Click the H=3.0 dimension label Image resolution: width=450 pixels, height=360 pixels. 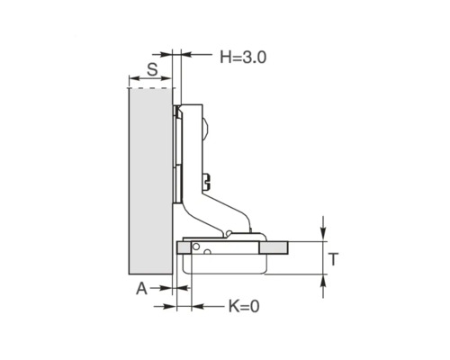(x=243, y=57)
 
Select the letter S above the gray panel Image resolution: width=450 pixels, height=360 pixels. (x=152, y=69)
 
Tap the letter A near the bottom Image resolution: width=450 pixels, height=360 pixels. (x=142, y=289)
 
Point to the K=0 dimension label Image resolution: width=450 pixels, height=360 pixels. (x=244, y=306)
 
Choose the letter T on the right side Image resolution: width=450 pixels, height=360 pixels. (x=333, y=259)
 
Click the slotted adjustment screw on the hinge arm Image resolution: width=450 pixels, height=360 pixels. (x=207, y=182)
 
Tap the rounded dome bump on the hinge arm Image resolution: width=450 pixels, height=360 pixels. (x=206, y=129)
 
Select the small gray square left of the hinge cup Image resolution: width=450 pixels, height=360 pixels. (x=184, y=247)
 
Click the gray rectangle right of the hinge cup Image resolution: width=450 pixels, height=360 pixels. (x=274, y=247)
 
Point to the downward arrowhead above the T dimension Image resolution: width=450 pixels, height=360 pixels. (x=323, y=234)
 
